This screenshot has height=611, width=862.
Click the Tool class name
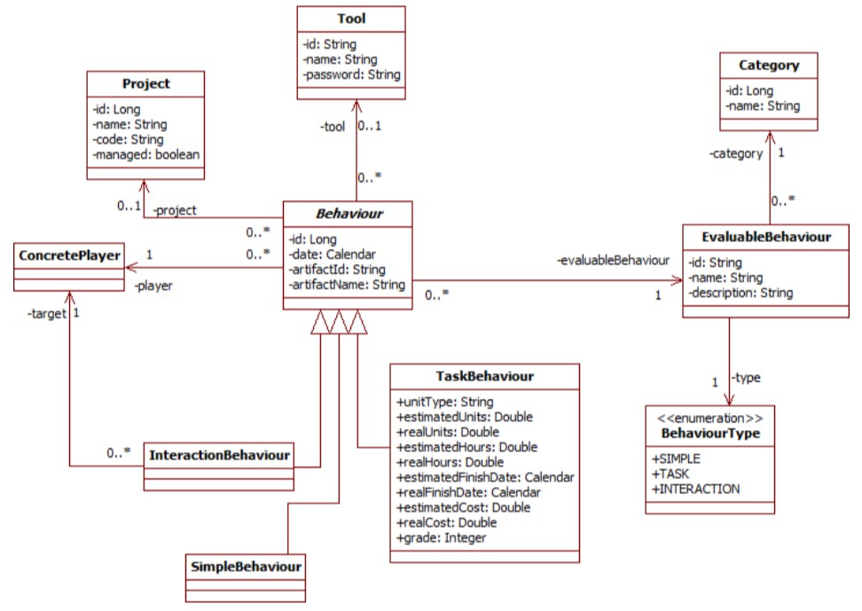(351, 19)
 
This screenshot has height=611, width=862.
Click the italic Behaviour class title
(347, 215)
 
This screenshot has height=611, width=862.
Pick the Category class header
(769, 65)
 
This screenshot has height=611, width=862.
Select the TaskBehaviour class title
(484, 376)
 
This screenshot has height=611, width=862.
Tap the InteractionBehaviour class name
(218, 455)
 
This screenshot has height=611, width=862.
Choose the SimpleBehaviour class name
(246, 564)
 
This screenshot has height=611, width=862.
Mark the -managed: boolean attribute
(145, 153)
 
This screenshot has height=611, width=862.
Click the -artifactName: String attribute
(347, 284)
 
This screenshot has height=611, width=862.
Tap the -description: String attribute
(741, 293)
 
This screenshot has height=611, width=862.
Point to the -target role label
(45, 314)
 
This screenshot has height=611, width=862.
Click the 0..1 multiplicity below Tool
(371, 126)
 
